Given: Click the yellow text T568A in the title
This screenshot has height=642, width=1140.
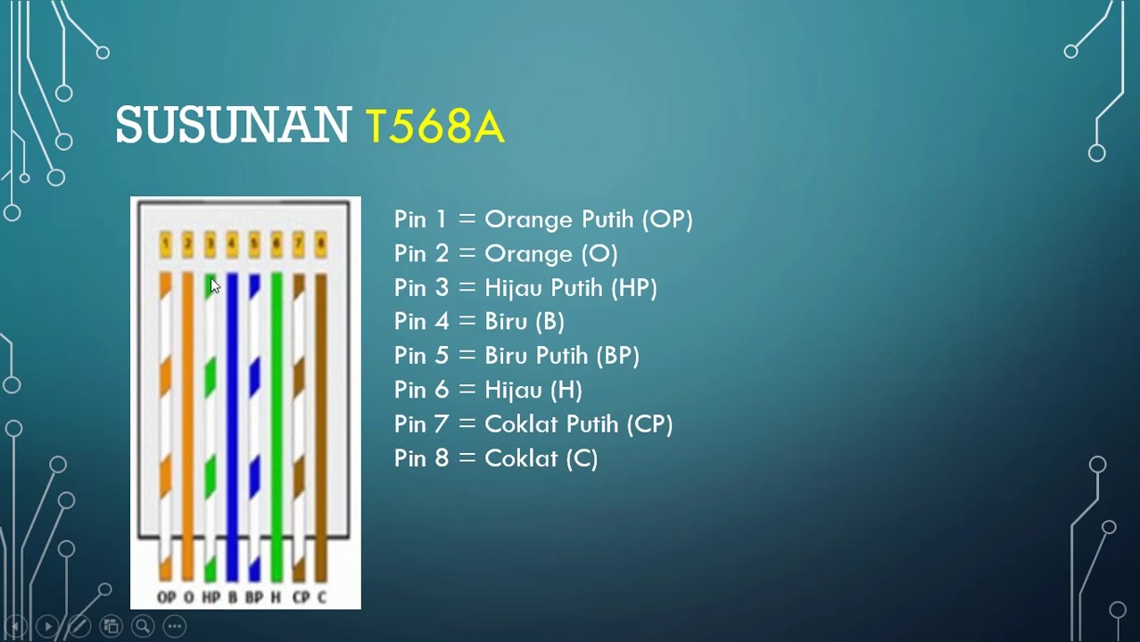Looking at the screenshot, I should click(434, 127).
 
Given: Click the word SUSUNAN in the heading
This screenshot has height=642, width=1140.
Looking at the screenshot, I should click(233, 126).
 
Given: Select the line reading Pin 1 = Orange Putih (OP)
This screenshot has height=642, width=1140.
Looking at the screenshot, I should click(542, 219).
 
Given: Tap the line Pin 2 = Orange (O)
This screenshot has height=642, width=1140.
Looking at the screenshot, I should click(505, 254).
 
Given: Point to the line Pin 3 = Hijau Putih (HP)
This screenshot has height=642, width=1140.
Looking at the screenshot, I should click(525, 288).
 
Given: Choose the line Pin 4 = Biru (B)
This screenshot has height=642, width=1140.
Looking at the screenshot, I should click(478, 322).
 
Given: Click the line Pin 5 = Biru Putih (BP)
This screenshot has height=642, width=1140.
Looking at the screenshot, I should click(516, 356).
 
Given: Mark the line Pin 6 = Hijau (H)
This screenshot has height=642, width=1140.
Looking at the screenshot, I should click(487, 390).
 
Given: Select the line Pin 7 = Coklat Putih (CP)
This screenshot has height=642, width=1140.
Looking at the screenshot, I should click(533, 424).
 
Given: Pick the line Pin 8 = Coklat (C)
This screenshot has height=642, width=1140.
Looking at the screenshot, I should click(495, 458).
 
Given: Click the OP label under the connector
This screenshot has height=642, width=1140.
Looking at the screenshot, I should click(166, 597).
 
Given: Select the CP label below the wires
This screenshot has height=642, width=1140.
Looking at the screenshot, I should click(301, 597).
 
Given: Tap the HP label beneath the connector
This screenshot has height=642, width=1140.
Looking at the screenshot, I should click(211, 597).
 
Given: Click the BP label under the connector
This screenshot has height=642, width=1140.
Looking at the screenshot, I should click(254, 597).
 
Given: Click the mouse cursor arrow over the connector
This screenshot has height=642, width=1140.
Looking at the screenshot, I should click(214, 285).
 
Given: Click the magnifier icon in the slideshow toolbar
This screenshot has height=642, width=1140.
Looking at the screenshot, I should click(142, 627).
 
